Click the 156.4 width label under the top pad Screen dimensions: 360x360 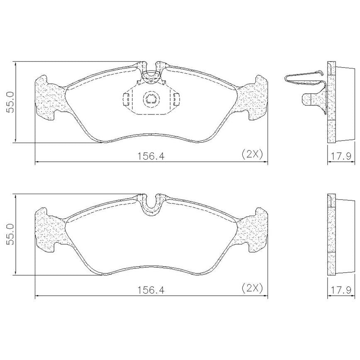pyautogui.click(x=151, y=156)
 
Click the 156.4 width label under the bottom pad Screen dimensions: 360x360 pyautogui.click(x=151, y=290)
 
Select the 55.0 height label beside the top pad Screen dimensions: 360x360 pyautogui.click(x=10, y=102)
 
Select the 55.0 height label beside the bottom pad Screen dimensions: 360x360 pyautogui.click(x=10, y=234)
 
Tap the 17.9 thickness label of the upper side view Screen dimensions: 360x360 pyautogui.click(x=341, y=156)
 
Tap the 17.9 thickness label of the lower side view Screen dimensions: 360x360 pyautogui.click(x=341, y=290)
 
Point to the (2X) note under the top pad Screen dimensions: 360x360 pyautogui.click(x=252, y=154)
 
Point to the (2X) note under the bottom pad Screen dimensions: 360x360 pyautogui.click(x=252, y=288)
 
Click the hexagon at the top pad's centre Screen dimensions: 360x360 pyautogui.click(x=151, y=100)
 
